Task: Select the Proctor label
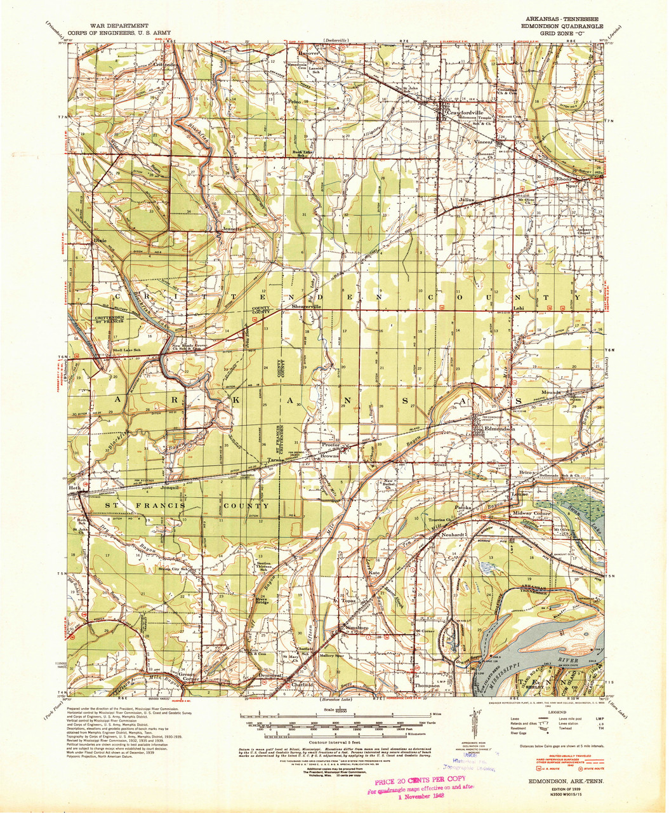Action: (330, 446)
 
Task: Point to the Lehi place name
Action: (519, 310)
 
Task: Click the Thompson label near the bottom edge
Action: (426, 686)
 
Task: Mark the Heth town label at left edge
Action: (74, 488)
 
